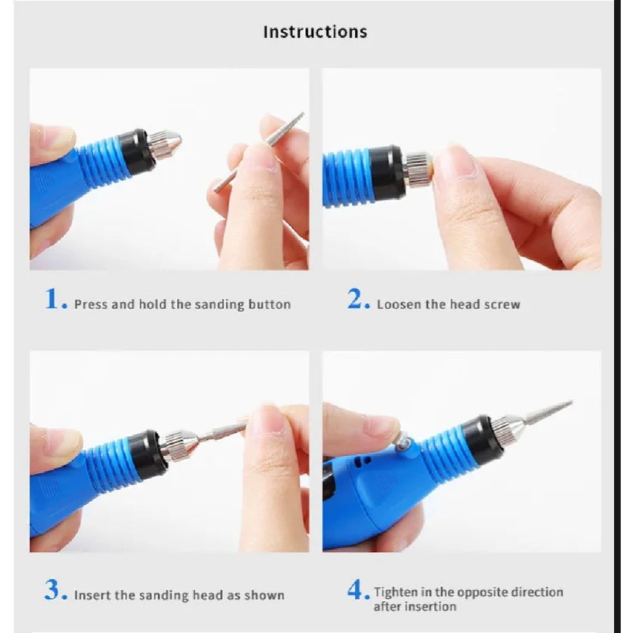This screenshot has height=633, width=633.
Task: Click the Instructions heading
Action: pyautogui.click(x=315, y=32)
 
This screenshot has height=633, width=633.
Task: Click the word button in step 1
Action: pyautogui.click(x=270, y=304)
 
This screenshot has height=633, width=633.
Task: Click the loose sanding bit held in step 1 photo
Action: pyautogui.click(x=259, y=152)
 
